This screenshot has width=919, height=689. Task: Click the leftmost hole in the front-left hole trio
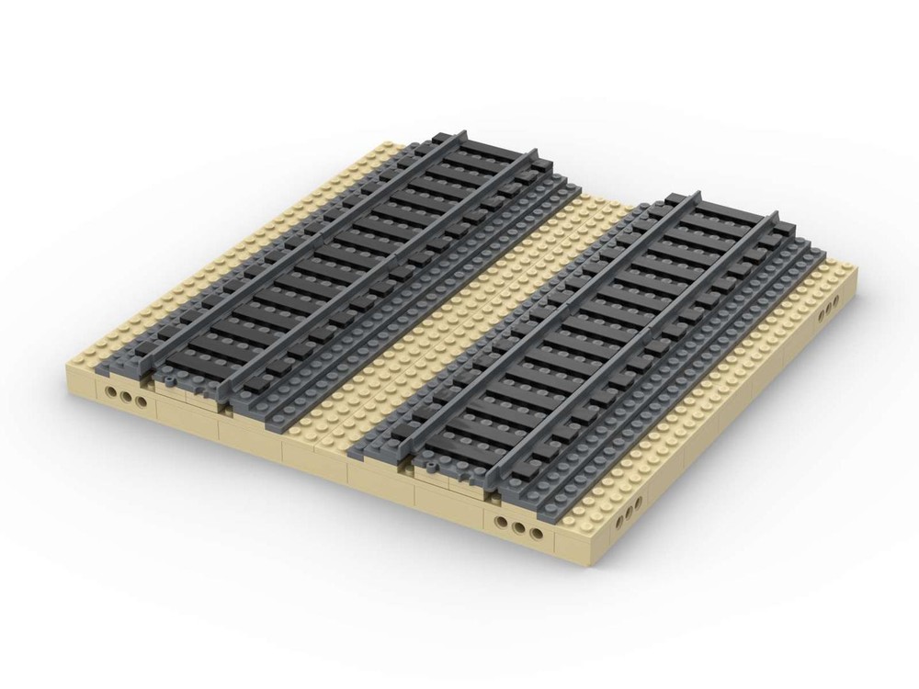pos(112,393)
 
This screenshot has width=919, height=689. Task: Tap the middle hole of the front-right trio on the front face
pos(519,531)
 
